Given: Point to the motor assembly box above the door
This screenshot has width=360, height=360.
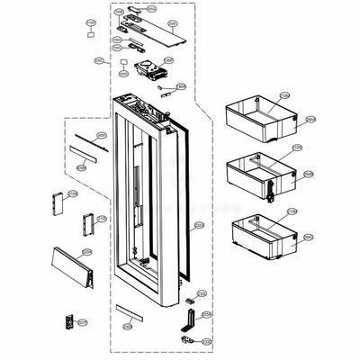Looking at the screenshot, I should pos(146,69).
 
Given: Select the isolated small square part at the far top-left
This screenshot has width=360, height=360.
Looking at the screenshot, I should pos(92,33).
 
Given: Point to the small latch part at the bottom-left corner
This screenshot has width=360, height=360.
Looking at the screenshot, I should pos(67,321).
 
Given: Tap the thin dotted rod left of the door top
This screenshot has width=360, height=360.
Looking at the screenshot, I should pos(86,142).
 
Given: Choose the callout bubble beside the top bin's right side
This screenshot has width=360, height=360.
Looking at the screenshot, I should pos(310,119).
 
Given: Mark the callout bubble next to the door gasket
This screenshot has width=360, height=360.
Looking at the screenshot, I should pos(199,225).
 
